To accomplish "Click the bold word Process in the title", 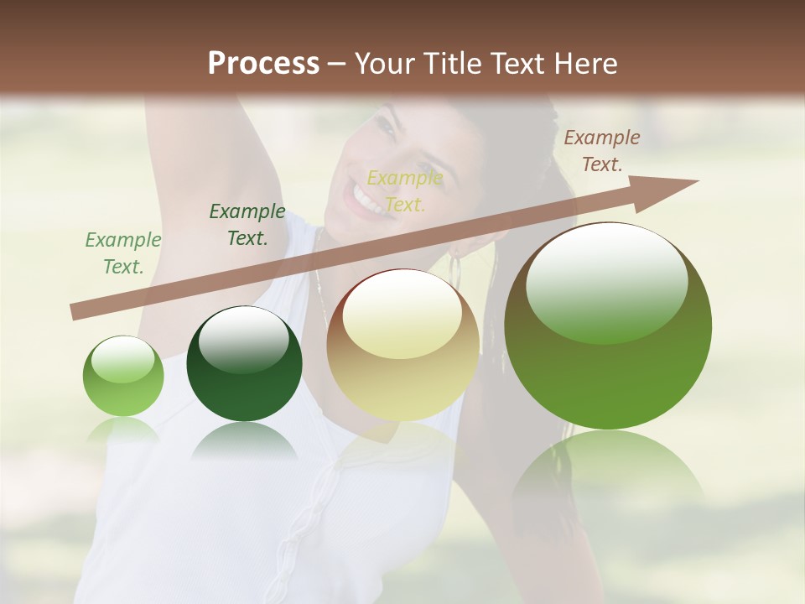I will (263, 64).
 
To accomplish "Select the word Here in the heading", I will (587, 64).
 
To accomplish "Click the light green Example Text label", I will (123, 253).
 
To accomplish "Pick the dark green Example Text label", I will (247, 225).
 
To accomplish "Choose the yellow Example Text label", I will (405, 191).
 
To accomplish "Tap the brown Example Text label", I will (602, 151).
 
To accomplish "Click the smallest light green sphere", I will (123, 377).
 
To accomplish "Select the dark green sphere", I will (244, 363).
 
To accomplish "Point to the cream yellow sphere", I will (402, 345).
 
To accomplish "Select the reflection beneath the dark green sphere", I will (244, 441).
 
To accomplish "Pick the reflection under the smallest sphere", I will (123, 430).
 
